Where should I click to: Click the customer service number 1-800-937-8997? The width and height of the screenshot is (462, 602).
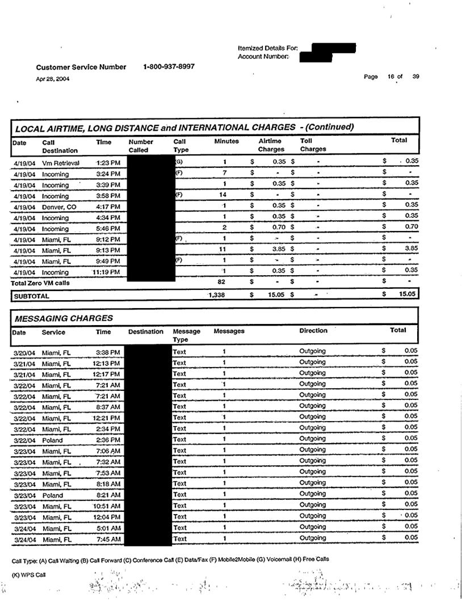(x=169, y=66)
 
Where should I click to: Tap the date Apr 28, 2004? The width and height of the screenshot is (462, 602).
(x=53, y=79)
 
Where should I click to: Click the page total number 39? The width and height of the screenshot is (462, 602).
(x=415, y=77)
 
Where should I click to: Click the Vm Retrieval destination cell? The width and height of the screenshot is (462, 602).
(x=61, y=163)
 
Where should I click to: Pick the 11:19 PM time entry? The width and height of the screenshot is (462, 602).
(x=108, y=272)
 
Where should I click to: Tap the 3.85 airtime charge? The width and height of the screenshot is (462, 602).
(x=278, y=250)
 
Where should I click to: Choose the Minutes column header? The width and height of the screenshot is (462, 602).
(x=226, y=140)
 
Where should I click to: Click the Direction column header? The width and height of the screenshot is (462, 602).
(x=313, y=330)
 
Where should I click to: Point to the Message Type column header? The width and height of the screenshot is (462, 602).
(x=187, y=335)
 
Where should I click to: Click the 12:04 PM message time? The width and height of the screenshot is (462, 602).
(x=108, y=517)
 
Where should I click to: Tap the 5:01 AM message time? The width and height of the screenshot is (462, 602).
(x=110, y=528)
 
